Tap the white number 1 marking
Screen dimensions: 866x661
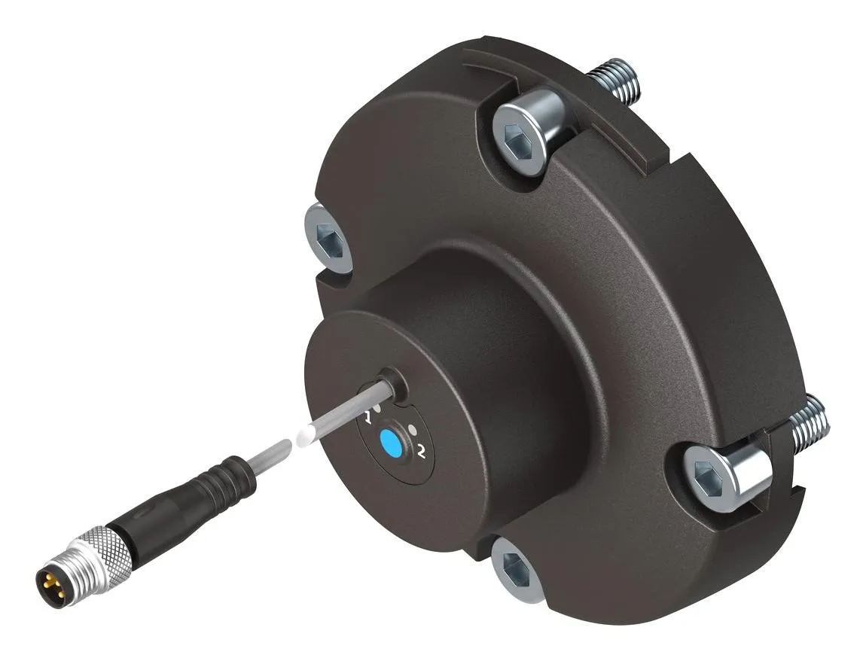(367, 417)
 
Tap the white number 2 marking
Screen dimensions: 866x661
(422, 452)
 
